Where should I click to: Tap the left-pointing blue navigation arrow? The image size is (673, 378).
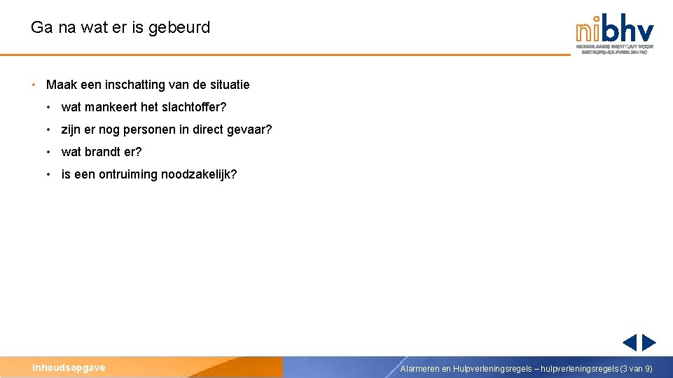tap(630, 342)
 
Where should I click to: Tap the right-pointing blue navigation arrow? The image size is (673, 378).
tap(649, 342)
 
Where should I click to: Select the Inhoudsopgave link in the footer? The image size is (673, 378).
tap(69, 367)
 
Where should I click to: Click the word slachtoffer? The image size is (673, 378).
tap(194, 107)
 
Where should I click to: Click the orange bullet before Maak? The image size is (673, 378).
tap(34, 85)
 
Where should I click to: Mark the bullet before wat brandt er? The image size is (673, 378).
tap(49, 152)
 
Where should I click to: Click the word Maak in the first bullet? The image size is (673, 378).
tap(59, 85)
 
